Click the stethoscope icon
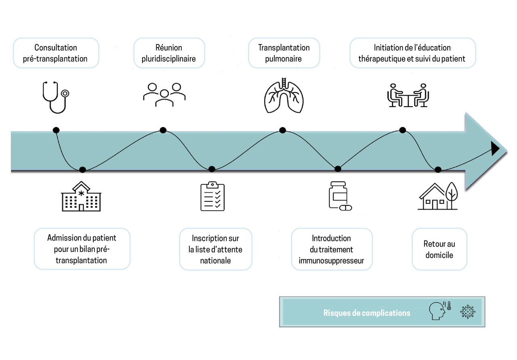pyautogui.click(x=56, y=97)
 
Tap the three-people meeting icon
pyautogui.click(x=164, y=95)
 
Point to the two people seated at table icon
pyautogui.click(x=407, y=95)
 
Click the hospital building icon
pyautogui.click(x=81, y=197)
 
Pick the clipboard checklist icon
pyautogui.click(x=212, y=197)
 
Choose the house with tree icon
pyautogui.click(x=438, y=196)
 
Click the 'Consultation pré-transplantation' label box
pyautogui.click(x=56, y=53)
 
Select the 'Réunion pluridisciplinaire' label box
pyautogui.click(x=169, y=53)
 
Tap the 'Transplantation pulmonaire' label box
pyautogui.click(x=284, y=53)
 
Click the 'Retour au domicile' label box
pyautogui.click(x=439, y=249)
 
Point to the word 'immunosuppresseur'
pyautogui.click(x=332, y=261)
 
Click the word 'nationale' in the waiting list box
pyautogui.click(x=216, y=261)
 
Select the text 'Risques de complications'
pyautogui.click(x=367, y=313)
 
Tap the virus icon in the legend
pyautogui.click(x=468, y=312)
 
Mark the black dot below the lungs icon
pyautogui.click(x=283, y=130)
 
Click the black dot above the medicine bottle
pyautogui.click(x=338, y=169)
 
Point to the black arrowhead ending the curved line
pyautogui.click(x=495, y=149)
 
